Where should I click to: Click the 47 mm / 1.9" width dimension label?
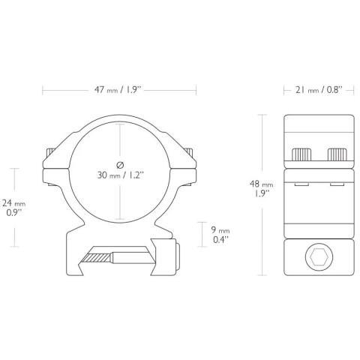118,89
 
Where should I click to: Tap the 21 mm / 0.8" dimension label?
319,89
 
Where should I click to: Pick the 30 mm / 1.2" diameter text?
121,175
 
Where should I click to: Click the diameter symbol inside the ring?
120,165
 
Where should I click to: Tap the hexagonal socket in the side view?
319,256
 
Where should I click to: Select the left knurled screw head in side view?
302,154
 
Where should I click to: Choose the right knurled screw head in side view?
337,154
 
